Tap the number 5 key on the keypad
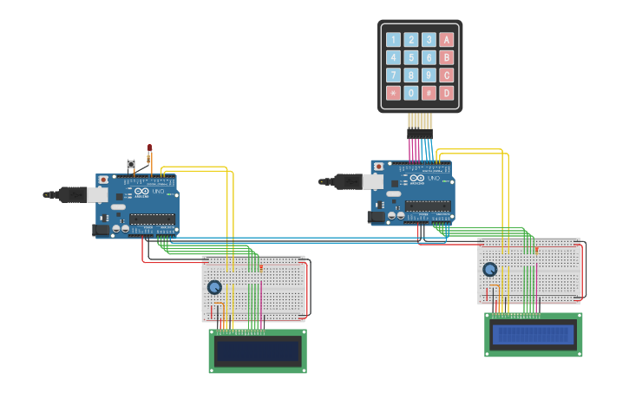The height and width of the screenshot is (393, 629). coord(411,57)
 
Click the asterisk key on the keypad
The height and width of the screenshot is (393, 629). coord(393,93)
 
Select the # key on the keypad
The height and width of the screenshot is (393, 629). coord(429,93)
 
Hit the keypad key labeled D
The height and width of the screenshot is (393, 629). coord(447,93)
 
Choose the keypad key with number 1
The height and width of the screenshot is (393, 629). coord(393,39)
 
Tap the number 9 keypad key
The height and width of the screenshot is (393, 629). coord(429,75)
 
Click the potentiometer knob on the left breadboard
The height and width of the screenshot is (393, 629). coord(214,287)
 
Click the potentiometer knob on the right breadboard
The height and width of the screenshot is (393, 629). coord(490,270)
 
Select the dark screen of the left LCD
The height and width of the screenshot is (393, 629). coord(258,351)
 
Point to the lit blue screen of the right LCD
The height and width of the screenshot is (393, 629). coord(534,335)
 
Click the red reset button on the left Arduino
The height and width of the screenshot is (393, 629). coord(103,180)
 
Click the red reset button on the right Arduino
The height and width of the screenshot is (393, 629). coord(378,166)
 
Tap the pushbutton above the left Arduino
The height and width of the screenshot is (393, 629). coord(131,164)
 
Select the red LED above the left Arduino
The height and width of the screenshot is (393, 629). coord(149,147)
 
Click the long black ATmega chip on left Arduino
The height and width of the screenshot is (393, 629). coord(153,219)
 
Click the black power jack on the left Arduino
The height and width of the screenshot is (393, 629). coord(101,230)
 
